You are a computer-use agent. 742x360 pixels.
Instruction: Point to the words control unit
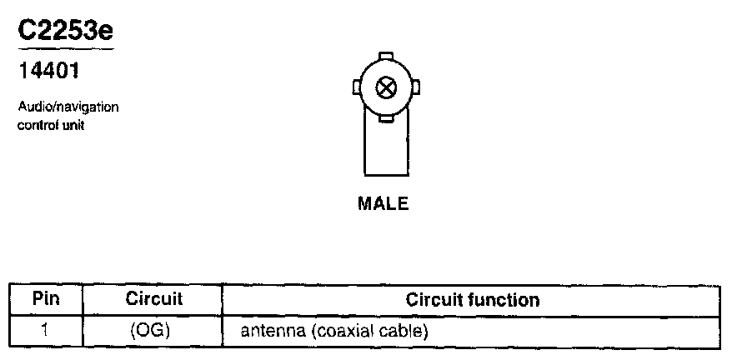coord(52,126)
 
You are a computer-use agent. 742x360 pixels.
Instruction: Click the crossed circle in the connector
coord(385,87)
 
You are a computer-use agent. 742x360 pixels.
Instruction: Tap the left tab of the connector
coord(356,87)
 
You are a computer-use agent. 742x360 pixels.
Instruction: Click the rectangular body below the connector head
coord(384,150)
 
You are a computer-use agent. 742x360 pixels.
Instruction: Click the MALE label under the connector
coord(384,203)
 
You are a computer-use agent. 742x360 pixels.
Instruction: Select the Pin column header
coord(45,299)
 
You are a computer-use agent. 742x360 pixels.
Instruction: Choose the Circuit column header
coord(154,299)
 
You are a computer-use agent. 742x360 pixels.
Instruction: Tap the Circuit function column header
coord(473,299)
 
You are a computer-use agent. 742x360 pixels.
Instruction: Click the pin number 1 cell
coord(45,330)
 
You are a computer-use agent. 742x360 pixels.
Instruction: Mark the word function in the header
coord(508,299)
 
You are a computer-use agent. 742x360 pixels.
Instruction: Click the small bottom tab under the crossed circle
coord(385,117)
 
